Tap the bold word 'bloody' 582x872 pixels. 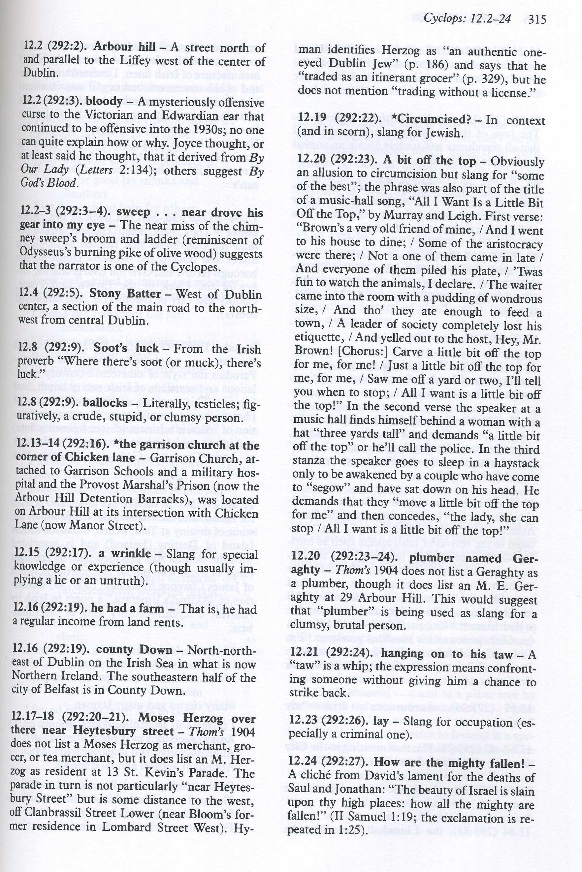pos(104,102)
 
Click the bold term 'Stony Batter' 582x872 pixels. pos(125,294)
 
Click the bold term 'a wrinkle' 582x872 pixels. pos(125,554)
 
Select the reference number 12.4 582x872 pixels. pos(28,294)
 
